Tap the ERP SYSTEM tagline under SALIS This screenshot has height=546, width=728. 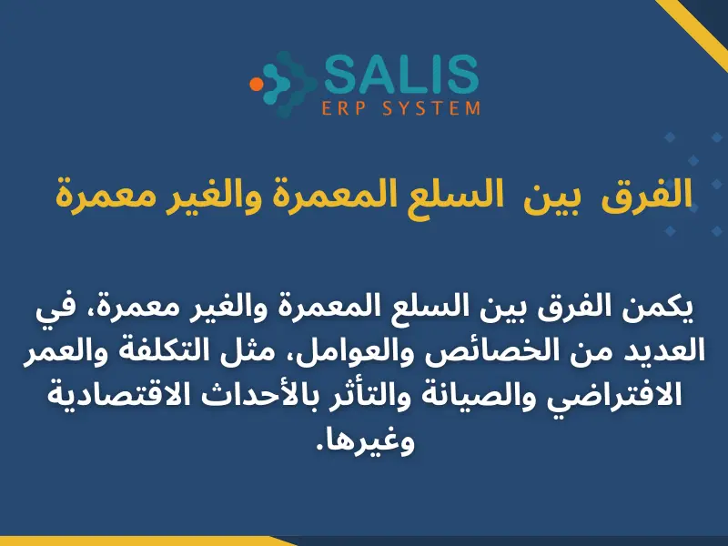(401, 108)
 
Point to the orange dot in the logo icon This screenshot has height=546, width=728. (257, 83)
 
